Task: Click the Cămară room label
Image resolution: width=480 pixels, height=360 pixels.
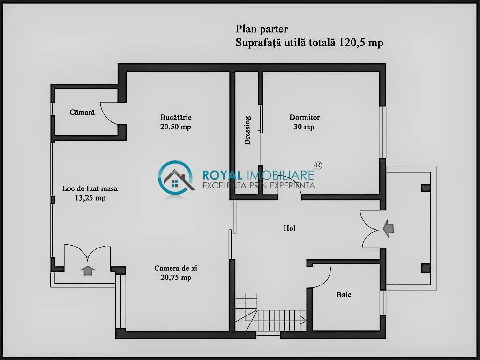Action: (x=82, y=112)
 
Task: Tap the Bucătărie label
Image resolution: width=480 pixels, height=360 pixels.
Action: (x=176, y=117)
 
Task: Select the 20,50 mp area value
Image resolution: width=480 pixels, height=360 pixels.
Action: (x=176, y=127)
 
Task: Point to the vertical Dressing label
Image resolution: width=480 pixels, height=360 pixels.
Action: (x=247, y=130)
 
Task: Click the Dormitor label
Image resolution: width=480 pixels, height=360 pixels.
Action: (x=305, y=117)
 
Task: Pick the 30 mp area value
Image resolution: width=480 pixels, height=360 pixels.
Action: (x=304, y=127)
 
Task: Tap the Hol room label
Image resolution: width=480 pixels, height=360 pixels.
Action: (x=290, y=228)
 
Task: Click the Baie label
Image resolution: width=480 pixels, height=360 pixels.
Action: (x=344, y=294)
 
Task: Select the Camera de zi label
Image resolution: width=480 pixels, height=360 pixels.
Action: (x=176, y=268)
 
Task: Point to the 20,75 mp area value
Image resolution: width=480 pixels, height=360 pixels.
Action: (x=176, y=277)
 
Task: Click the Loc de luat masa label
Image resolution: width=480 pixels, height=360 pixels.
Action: (x=90, y=188)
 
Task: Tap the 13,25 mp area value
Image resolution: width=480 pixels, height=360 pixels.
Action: (x=90, y=198)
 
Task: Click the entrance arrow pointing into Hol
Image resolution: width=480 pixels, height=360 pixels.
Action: (x=388, y=228)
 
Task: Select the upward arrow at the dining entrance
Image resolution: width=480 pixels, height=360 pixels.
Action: (x=88, y=270)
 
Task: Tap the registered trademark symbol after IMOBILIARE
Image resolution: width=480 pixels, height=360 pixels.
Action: (x=318, y=165)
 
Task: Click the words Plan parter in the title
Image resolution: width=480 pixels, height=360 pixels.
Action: (x=262, y=29)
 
